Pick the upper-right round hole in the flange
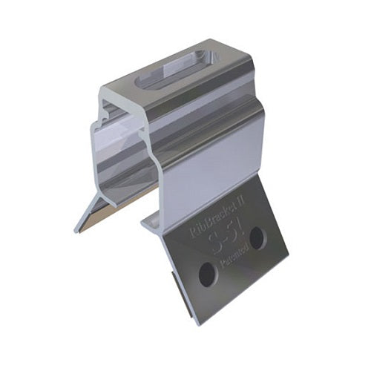[256, 237]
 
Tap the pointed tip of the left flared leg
[76, 229]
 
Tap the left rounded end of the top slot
[145, 83]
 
